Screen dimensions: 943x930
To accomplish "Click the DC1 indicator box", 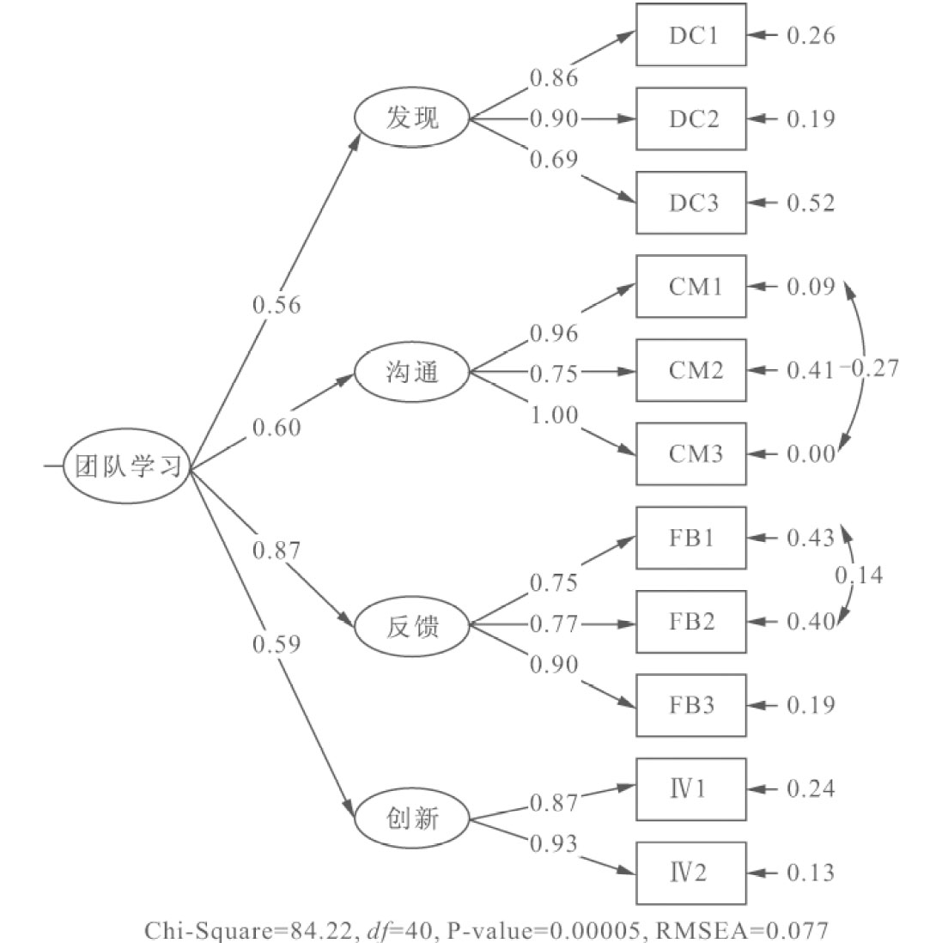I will click(691, 35).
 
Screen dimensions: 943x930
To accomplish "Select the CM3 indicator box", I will click(691, 453).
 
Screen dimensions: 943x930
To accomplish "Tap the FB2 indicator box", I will click(691, 621).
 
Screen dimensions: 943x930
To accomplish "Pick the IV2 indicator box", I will click(691, 873).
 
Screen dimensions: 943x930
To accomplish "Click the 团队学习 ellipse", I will click(126, 468).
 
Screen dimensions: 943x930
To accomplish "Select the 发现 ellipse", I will click(412, 119).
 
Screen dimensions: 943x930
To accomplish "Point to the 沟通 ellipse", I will click(412, 373).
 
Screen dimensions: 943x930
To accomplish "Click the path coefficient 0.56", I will click(277, 305).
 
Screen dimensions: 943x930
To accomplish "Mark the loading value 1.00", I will click(554, 415).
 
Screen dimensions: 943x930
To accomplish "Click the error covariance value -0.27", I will click(869, 369).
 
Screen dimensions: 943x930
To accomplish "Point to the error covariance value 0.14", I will click(859, 575).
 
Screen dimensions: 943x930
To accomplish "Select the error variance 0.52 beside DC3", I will click(811, 204).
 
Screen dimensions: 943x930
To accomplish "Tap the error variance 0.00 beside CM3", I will click(811, 453).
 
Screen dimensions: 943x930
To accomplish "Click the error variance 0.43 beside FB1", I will click(811, 538).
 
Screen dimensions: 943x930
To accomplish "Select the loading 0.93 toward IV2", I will click(554, 843).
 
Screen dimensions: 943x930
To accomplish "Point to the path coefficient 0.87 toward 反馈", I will click(277, 550).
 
